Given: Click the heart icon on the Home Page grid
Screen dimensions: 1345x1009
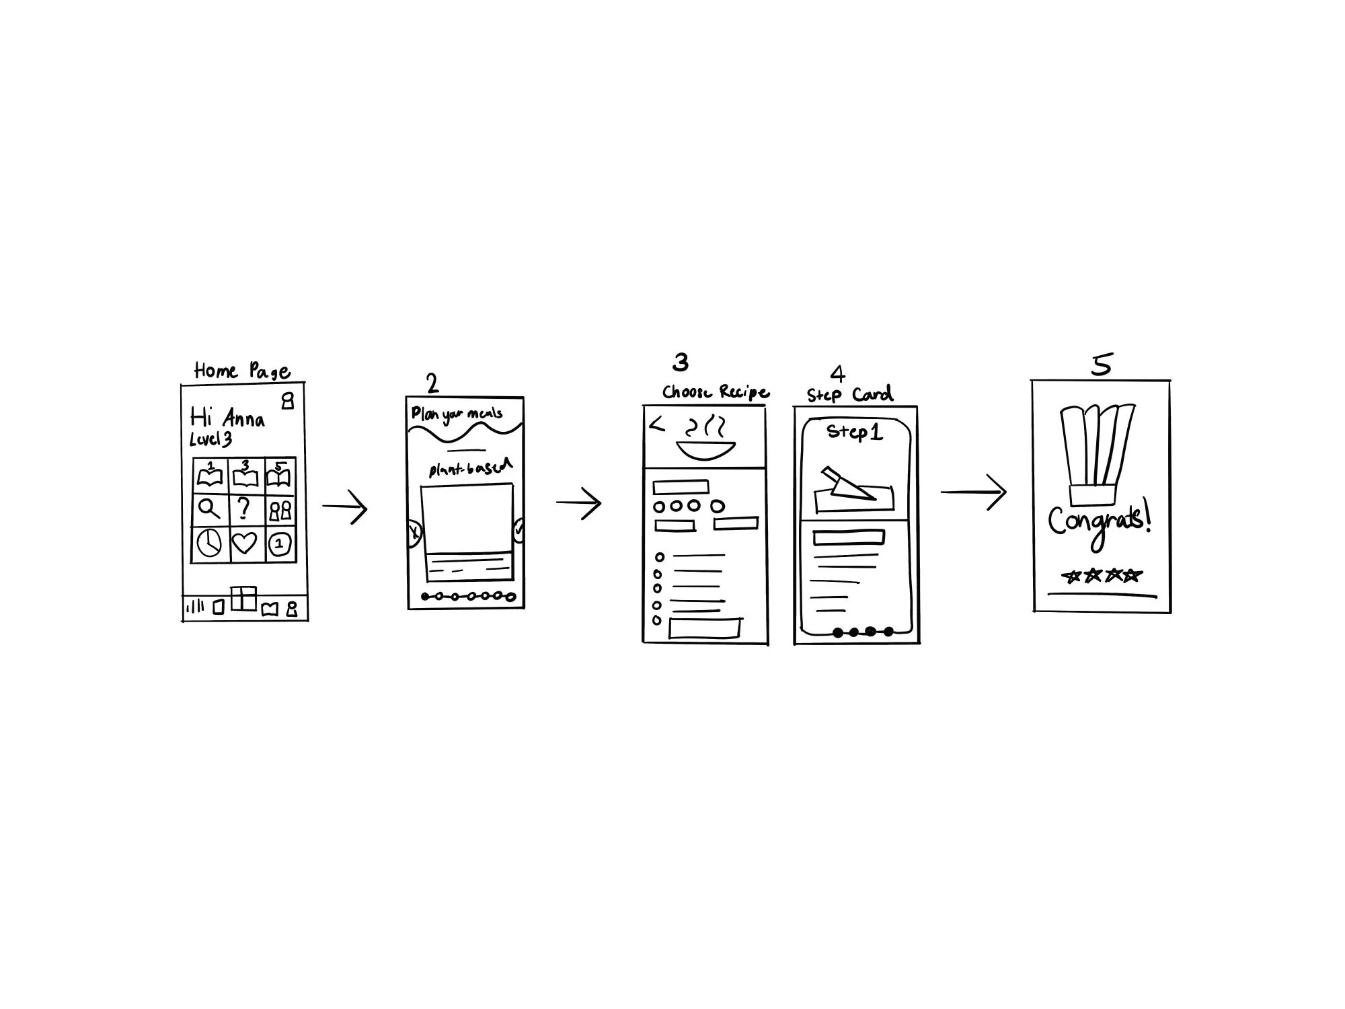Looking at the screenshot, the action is coord(244,543).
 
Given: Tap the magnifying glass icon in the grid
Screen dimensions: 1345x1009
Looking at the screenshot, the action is coord(210,509).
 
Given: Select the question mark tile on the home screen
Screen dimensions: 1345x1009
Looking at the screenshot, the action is coord(245,508).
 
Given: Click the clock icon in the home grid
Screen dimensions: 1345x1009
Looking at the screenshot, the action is coord(210,543).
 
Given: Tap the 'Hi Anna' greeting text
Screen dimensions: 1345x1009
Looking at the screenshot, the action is coord(227,418).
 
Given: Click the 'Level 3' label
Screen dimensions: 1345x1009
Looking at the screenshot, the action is coord(210,440).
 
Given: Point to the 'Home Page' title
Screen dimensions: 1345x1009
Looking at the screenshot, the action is coord(242,371).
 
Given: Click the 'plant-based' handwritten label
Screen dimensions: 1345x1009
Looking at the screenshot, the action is coord(470,468).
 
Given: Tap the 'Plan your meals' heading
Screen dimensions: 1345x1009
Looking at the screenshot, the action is coord(457,414).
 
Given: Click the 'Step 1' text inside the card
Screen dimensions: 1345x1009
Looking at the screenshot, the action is coord(854,432).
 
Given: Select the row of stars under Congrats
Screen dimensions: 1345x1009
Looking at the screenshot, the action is coord(1102,576).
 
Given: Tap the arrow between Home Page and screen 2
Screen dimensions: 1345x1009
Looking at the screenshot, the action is coord(345,507).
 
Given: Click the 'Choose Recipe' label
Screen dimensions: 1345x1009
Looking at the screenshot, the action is coord(716,392).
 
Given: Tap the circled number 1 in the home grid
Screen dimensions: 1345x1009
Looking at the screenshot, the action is coord(280,544).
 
